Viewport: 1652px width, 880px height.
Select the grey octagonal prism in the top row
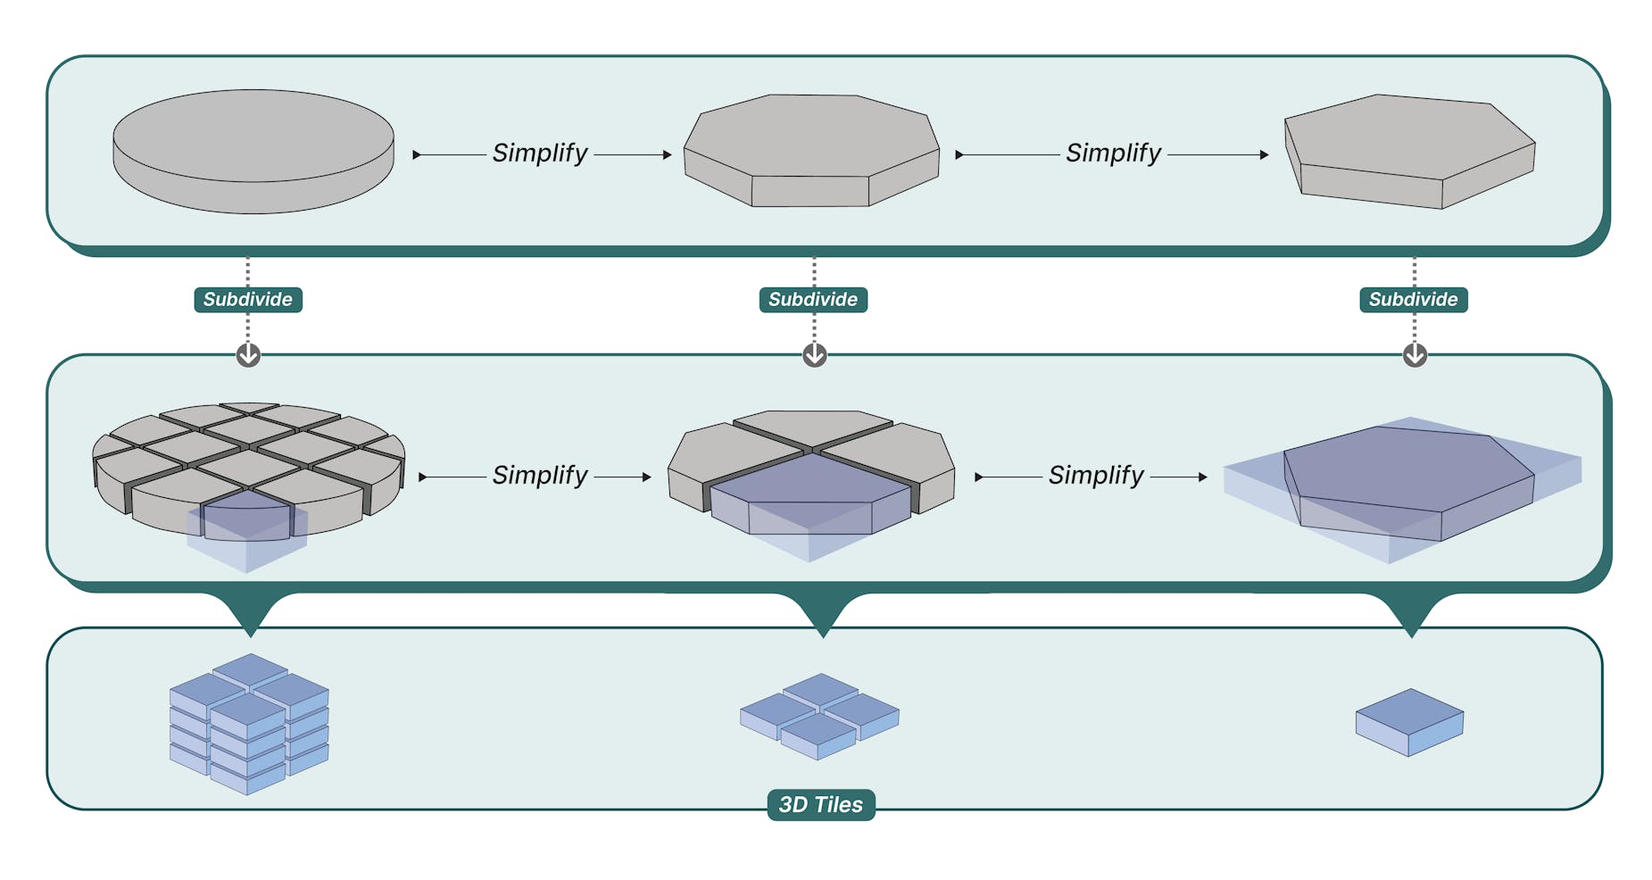click(x=810, y=147)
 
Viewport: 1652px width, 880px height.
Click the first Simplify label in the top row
click(x=540, y=154)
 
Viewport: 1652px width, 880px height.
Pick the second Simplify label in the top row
click(x=1113, y=154)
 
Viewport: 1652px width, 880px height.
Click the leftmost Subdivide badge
click(x=248, y=300)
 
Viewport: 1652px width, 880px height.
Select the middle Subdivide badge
click(x=813, y=300)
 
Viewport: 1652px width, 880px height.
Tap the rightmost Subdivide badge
click(x=1413, y=300)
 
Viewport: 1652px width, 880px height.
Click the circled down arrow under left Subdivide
click(x=248, y=355)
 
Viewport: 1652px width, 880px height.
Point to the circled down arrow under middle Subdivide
click(x=814, y=355)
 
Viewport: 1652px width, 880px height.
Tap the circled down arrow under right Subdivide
click(x=1415, y=355)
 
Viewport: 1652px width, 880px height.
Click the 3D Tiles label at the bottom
click(x=820, y=804)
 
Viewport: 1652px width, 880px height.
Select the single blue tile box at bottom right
click(x=1409, y=722)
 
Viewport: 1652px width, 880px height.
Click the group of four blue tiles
click(x=819, y=716)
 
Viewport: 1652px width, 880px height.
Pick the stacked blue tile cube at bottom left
click(x=249, y=725)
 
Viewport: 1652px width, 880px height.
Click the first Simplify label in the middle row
click(x=540, y=476)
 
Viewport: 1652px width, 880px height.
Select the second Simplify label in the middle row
click(x=1095, y=476)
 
